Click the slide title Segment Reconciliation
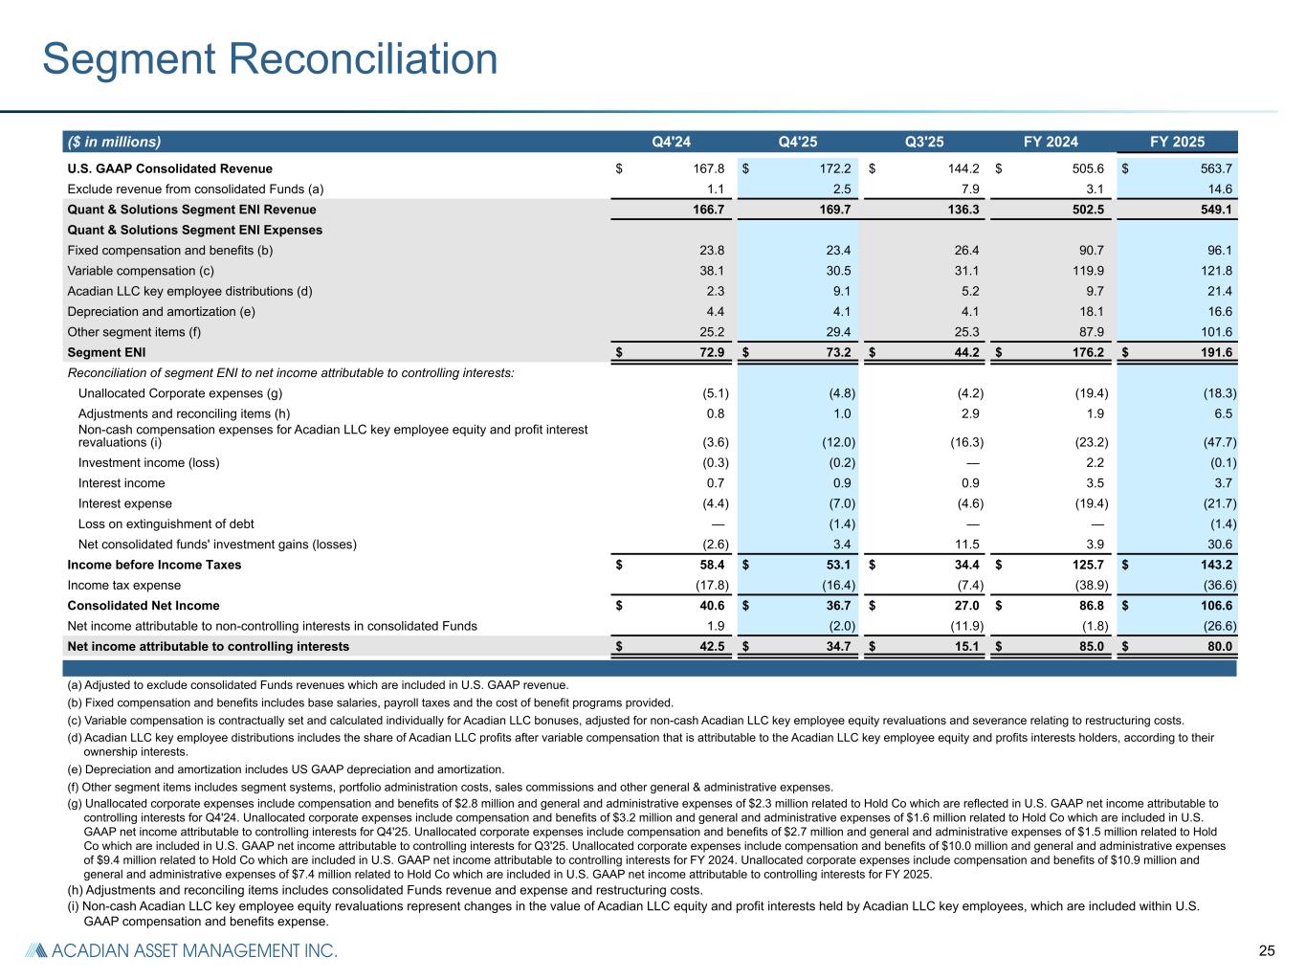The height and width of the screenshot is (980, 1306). (x=270, y=59)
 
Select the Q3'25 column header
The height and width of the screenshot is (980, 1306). (x=924, y=143)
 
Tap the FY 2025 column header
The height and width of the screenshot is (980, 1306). (x=1177, y=143)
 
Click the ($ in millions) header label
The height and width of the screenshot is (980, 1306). (x=114, y=143)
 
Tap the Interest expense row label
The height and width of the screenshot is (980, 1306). (x=125, y=503)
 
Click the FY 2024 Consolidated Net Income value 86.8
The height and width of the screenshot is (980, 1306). (x=1089, y=606)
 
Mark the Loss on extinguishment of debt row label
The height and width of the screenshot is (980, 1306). (x=166, y=524)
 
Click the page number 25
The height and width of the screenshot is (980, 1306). (x=1267, y=951)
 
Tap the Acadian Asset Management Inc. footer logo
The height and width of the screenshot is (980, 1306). (x=182, y=951)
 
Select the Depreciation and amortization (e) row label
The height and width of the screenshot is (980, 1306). (x=161, y=312)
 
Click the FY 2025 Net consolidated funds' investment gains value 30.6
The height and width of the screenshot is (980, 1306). (x=1218, y=545)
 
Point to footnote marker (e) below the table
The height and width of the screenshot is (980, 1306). (x=75, y=769)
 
